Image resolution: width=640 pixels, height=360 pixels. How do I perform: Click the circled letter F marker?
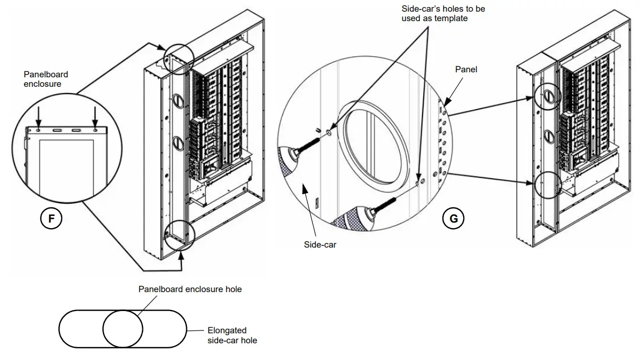[52, 219]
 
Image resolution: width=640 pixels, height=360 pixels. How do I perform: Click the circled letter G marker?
[454, 219]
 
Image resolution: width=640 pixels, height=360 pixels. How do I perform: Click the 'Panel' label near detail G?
[465, 70]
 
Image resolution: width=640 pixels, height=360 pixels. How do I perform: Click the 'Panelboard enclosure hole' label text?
[190, 289]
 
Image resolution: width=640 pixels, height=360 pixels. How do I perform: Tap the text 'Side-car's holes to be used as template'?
[443, 14]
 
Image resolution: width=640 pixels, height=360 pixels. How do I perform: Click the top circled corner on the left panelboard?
[178, 56]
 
